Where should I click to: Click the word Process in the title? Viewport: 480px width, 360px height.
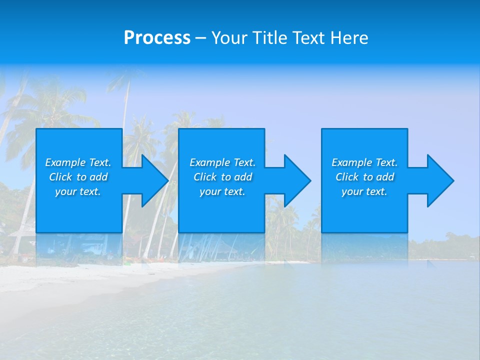157,38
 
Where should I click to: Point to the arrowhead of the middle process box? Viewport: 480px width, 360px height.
296,180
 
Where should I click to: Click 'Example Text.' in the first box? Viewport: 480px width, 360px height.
78,162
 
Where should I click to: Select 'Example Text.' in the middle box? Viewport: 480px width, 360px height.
222,162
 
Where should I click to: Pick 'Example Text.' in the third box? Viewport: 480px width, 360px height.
364,162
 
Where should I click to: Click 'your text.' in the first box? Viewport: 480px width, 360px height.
78,191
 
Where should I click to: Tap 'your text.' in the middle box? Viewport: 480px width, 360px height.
222,191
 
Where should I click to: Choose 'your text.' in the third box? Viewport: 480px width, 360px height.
364,191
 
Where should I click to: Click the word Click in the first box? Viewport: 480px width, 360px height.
60,177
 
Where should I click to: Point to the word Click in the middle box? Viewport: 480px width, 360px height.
205,177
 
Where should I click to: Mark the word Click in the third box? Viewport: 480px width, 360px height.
347,177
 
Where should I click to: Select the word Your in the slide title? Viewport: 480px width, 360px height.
229,38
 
